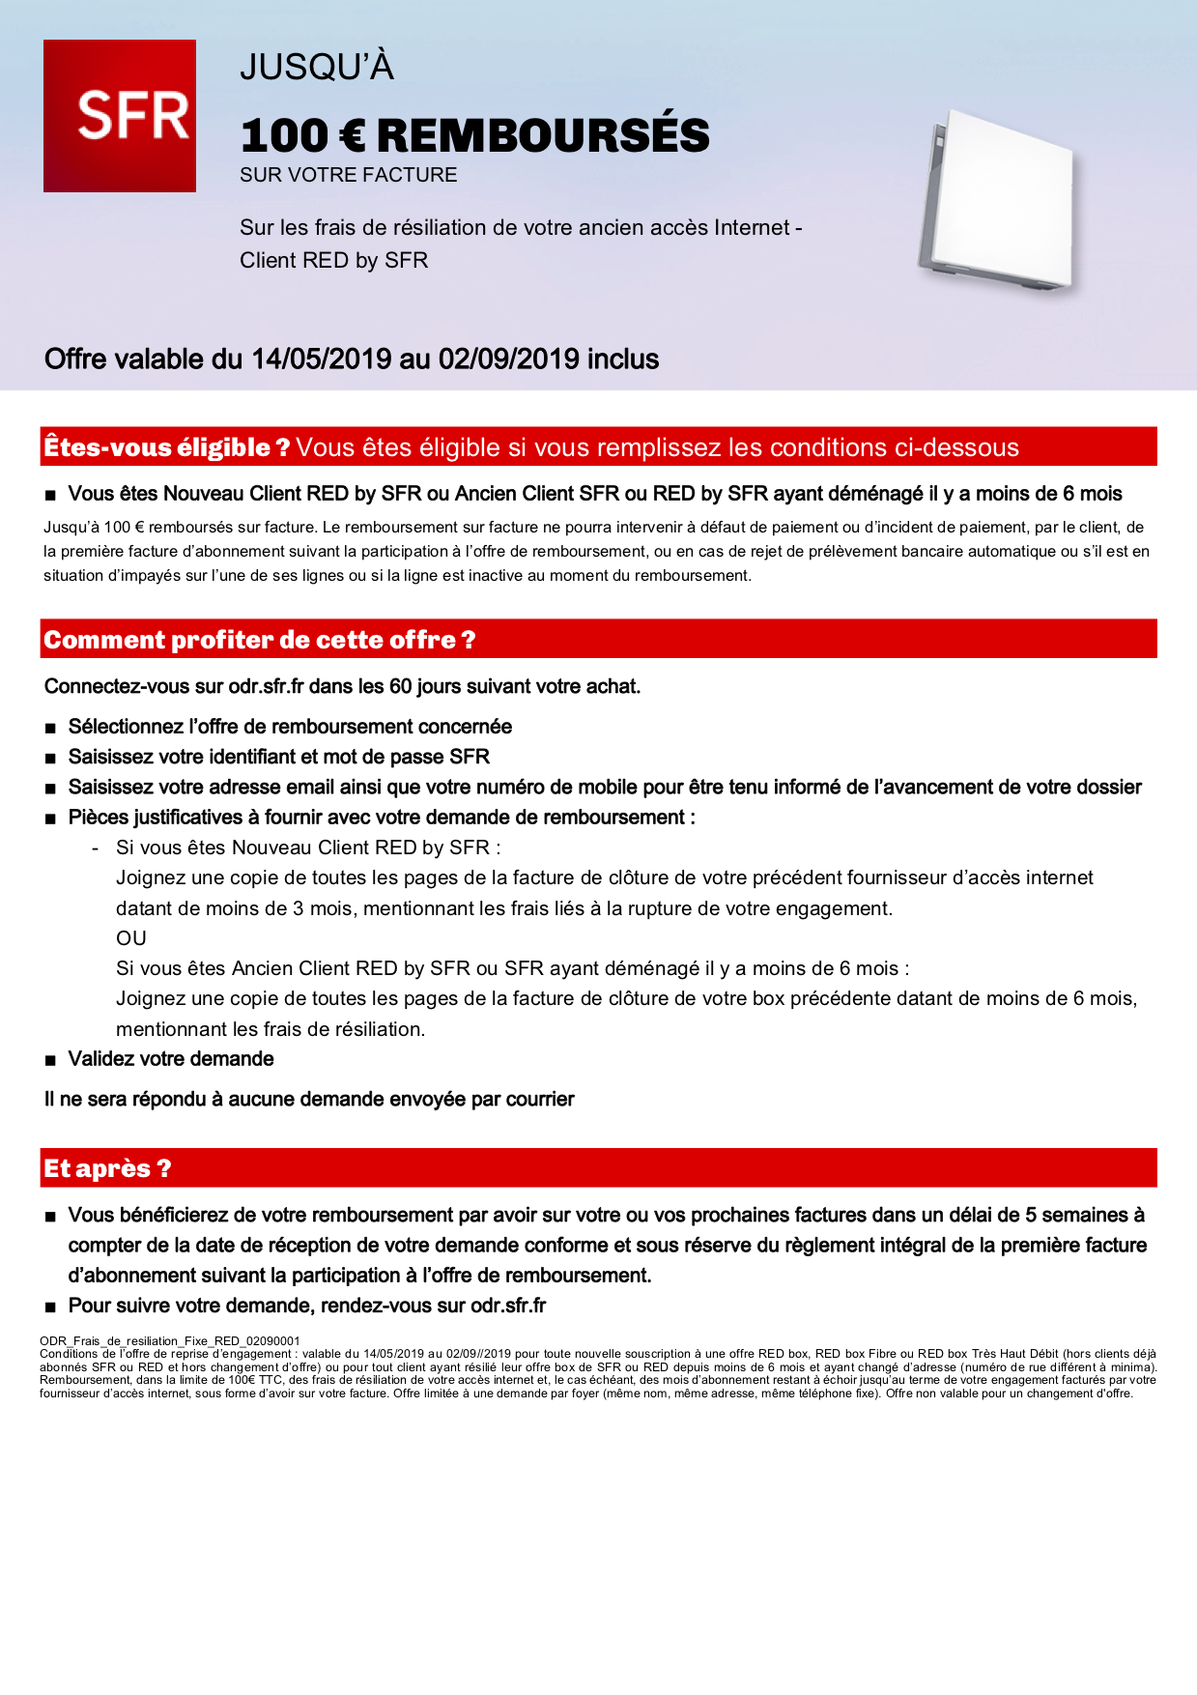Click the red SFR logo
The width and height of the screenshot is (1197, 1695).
coord(120,116)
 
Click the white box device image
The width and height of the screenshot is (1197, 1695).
coord(997,204)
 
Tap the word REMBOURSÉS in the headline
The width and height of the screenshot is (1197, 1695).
coord(543,136)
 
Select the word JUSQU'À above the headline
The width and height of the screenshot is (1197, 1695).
coord(317,68)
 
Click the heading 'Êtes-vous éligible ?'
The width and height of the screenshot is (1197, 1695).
coord(166,447)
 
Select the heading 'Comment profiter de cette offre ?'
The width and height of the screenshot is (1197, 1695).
coord(259,640)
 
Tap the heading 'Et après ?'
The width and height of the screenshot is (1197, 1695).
coord(106,1168)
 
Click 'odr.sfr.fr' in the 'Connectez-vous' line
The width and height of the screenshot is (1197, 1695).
coord(266,687)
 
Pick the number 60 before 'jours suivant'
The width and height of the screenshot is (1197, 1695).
coord(400,687)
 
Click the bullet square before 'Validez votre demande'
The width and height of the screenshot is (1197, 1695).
coord(50,1061)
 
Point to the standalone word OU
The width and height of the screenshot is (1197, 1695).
coord(131,938)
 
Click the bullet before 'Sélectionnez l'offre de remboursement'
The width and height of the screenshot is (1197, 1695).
coord(50,728)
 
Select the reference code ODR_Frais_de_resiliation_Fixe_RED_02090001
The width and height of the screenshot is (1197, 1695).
coord(170,1341)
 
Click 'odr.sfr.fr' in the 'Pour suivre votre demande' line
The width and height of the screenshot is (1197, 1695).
coord(508,1307)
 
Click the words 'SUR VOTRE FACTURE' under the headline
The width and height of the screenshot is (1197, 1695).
coord(349,175)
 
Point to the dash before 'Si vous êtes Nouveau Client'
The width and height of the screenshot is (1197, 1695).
coord(95,848)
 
